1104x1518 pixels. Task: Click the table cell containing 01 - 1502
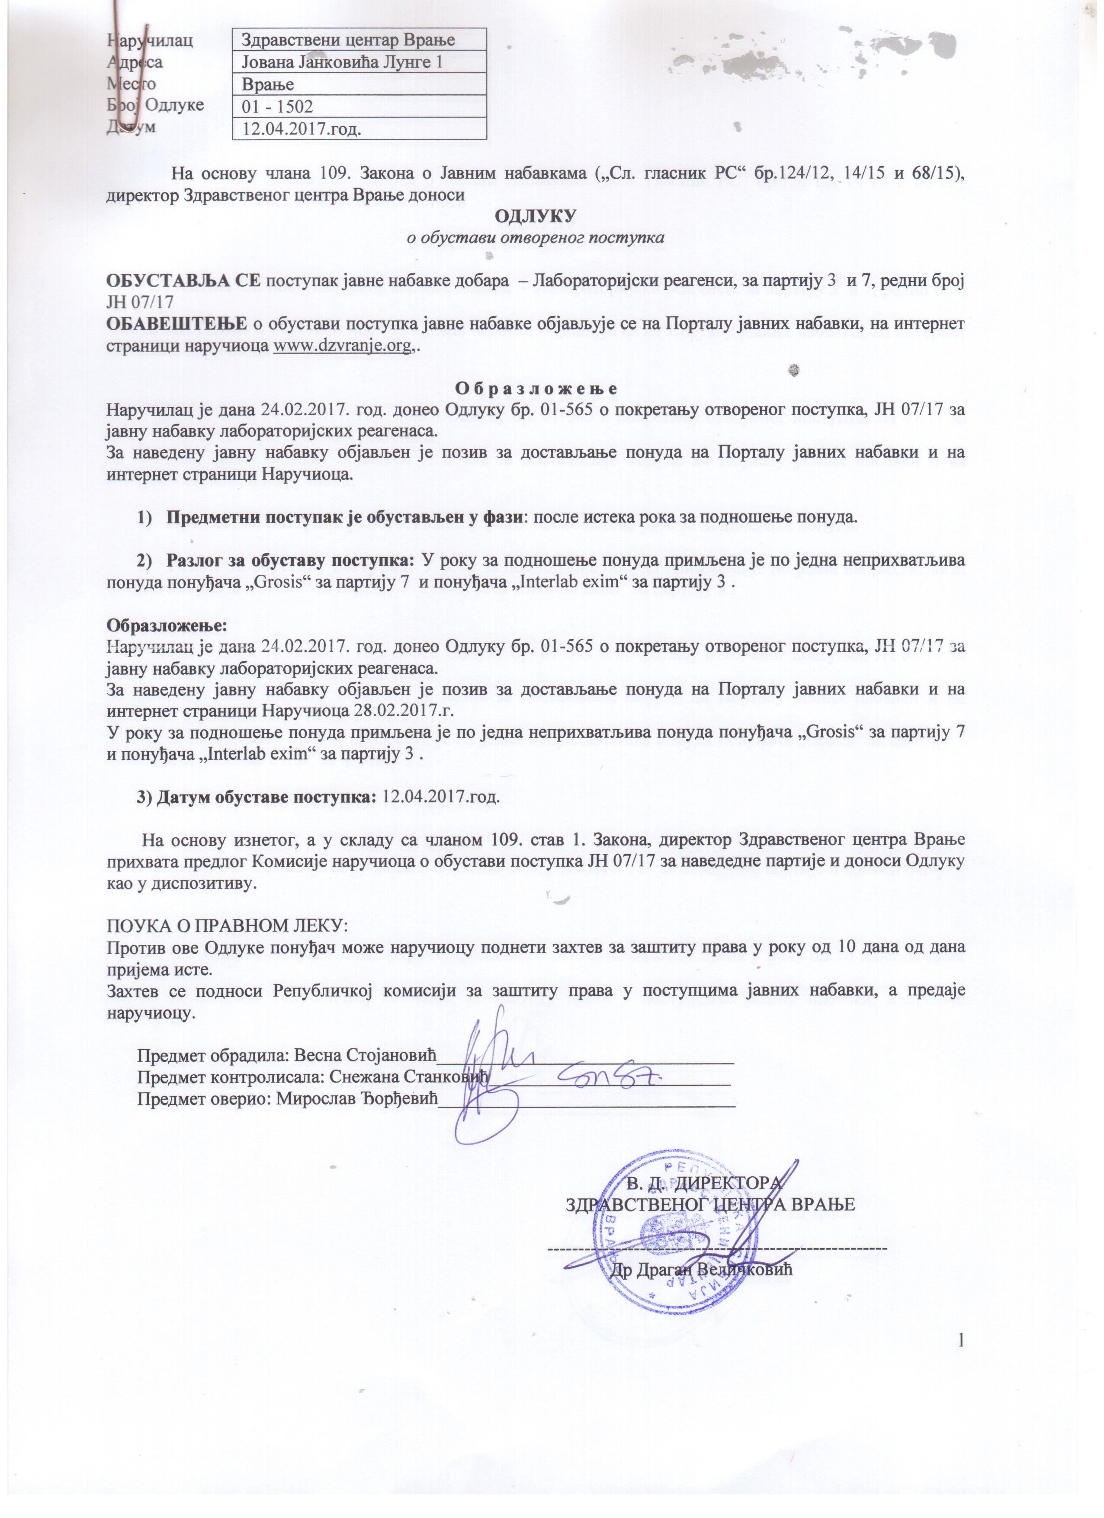click(x=359, y=106)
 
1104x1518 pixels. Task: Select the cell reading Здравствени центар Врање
click(x=359, y=39)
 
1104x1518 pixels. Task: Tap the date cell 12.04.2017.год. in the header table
click(x=359, y=128)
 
